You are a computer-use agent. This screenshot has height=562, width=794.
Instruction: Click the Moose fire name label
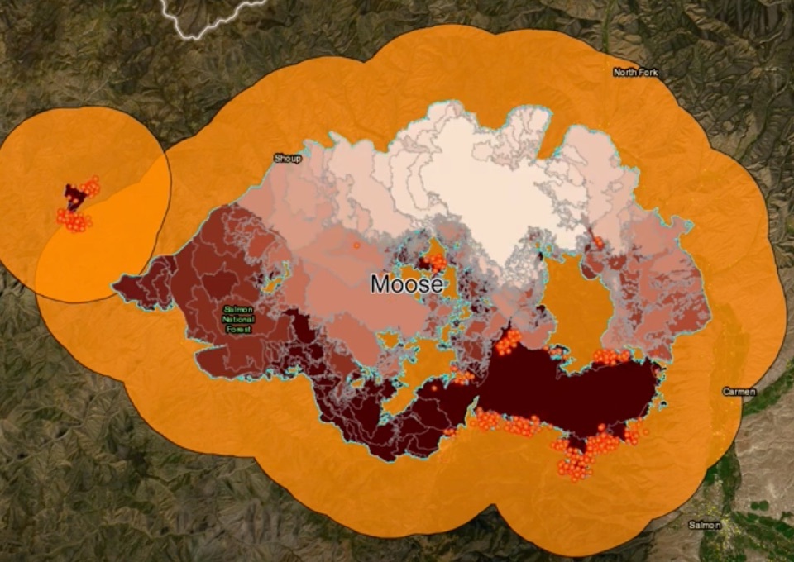coord(406,284)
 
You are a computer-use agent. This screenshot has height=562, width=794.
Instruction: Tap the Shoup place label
coord(287,158)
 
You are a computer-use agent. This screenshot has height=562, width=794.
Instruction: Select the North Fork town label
coord(635,73)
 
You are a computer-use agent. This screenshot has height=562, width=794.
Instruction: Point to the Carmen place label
coord(738,391)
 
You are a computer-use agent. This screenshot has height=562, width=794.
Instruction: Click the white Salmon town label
coord(705,525)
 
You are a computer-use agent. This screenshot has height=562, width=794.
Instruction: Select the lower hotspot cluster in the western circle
coord(74,221)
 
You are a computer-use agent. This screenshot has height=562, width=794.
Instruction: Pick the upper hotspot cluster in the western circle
coord(89,187)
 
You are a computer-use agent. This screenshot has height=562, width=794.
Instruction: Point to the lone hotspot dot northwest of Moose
coord(356,245)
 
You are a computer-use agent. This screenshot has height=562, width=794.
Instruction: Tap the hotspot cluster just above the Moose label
coord(433,263)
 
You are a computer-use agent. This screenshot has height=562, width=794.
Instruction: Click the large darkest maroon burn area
coord(571,388)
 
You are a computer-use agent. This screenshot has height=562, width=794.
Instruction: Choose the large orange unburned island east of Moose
coord(579,298)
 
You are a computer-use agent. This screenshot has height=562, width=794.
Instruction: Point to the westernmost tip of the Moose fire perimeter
coord(115,285)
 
